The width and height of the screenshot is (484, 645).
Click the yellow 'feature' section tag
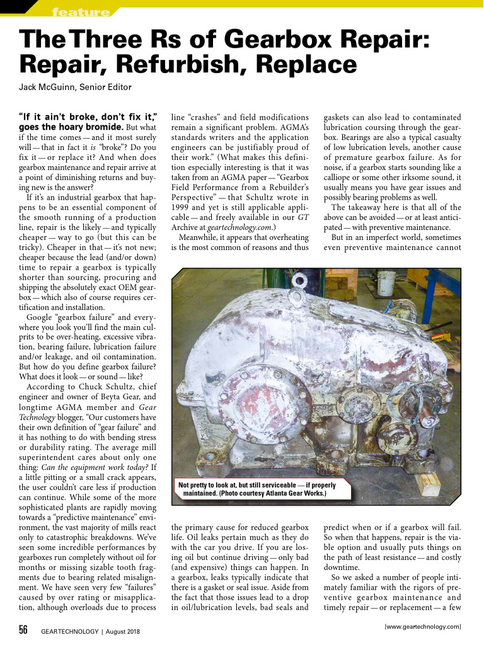(80, 12)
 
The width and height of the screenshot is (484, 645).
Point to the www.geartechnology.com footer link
(423, 627)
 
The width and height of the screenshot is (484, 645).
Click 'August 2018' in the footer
(124, 631)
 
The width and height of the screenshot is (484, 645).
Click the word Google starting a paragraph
(42, 317)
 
